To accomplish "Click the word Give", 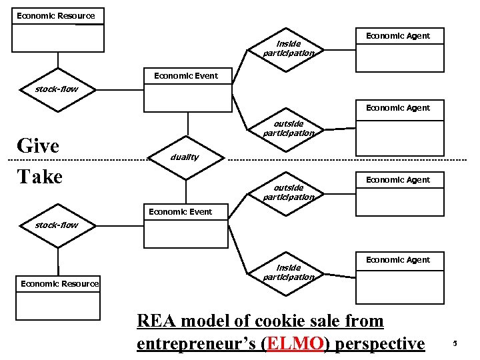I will pos(38,145).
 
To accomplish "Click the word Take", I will pos(39,177).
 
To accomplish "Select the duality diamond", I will pos(189,158).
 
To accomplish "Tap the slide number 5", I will pos(455,344).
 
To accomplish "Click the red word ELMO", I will pos(294,343).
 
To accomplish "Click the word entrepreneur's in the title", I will pos(196,343).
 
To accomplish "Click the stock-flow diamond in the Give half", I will pos(57,89).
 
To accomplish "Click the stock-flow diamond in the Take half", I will pos(57,225).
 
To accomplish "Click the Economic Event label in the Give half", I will pos(185,76).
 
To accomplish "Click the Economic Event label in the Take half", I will pos(180,212).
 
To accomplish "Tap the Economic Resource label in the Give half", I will pos(56,15).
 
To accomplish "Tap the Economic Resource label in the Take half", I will pos(59,284).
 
